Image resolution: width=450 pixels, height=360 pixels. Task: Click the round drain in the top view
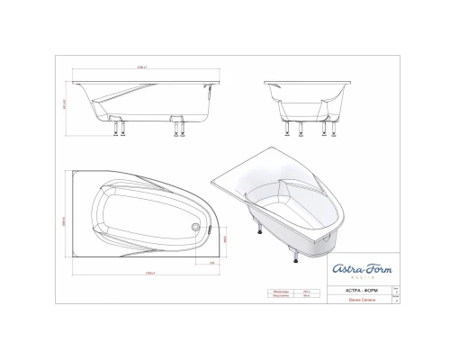(195, 227)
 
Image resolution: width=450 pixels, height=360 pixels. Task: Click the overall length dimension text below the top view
(139, 271)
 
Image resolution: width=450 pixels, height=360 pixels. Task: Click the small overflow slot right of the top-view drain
(209, 228)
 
